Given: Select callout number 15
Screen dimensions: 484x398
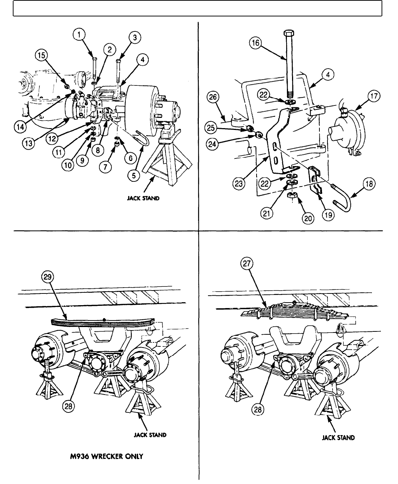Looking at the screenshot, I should (41, 56).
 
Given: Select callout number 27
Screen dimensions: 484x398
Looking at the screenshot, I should (247, 264).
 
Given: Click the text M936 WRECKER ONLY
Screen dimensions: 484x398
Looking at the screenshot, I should (107, 456).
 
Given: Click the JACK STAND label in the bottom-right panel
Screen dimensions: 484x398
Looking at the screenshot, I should (338, 438).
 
